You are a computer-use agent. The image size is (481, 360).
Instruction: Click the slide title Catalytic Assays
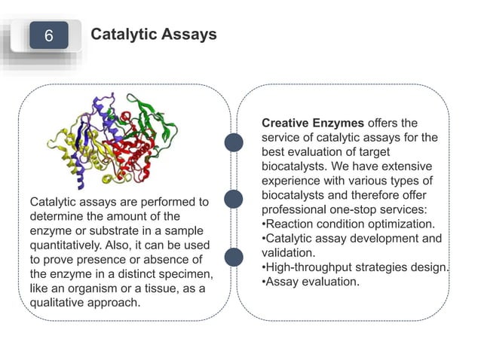click(x=153, y=35)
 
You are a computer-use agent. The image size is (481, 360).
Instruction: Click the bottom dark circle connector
click(x=234, y=256)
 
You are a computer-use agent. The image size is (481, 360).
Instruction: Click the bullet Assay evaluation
click(x=310, y=282)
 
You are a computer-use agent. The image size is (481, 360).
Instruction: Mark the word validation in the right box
click(x=286, y=254)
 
